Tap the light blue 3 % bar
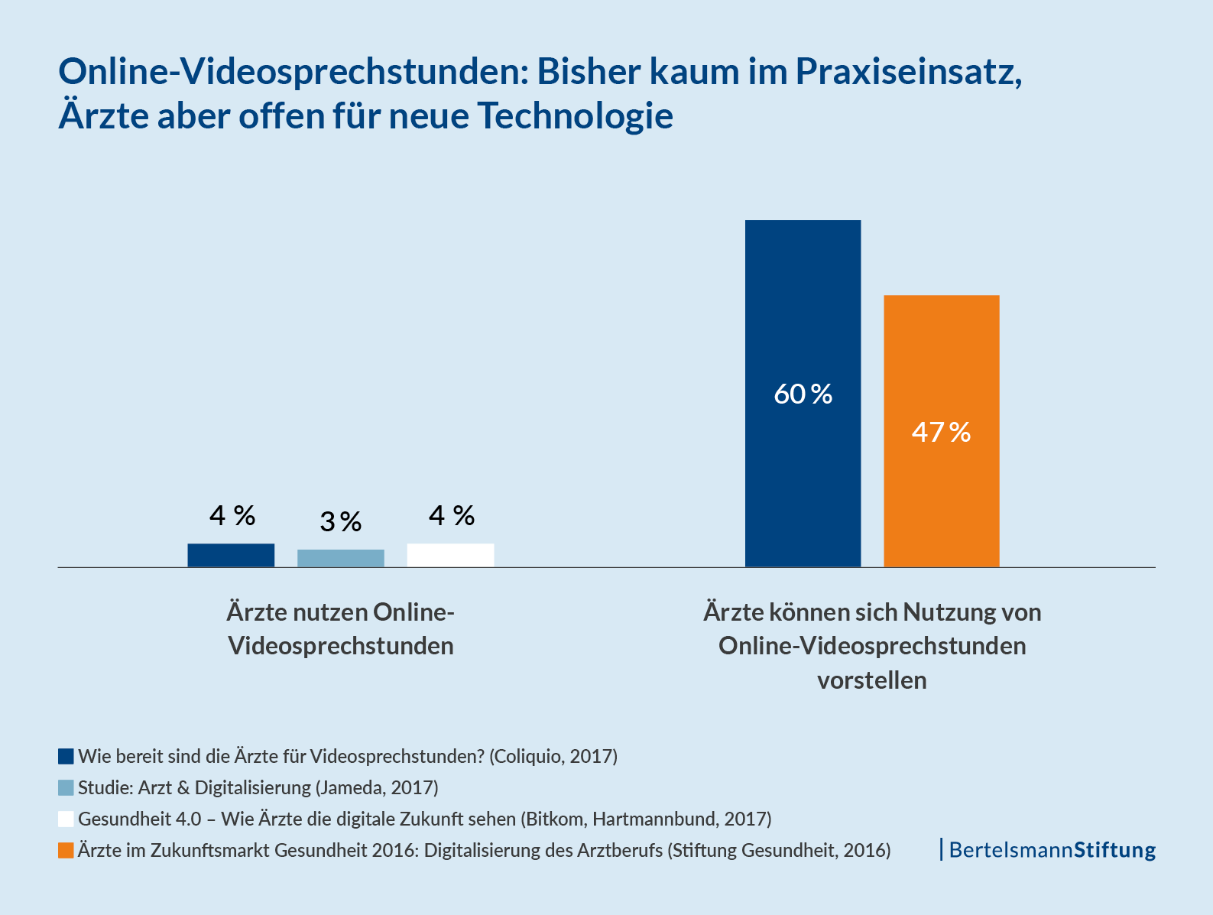tap(340, 558)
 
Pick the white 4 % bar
tap(450, 555)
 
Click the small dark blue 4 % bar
tap(231, 555)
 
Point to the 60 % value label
tap(803, 394)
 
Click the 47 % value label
tap(941, 433)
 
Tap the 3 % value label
tap(340, 522)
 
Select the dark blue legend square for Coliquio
tap(66, 757)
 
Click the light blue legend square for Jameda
tap(66, 788)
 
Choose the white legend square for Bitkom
tap(66, 819)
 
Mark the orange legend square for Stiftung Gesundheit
tap(66, 851)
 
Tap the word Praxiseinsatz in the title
tap(908, 73)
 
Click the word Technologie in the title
tap(575, 116)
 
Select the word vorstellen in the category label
tap(871, 680)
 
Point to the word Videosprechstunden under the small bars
tap(341, 646)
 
